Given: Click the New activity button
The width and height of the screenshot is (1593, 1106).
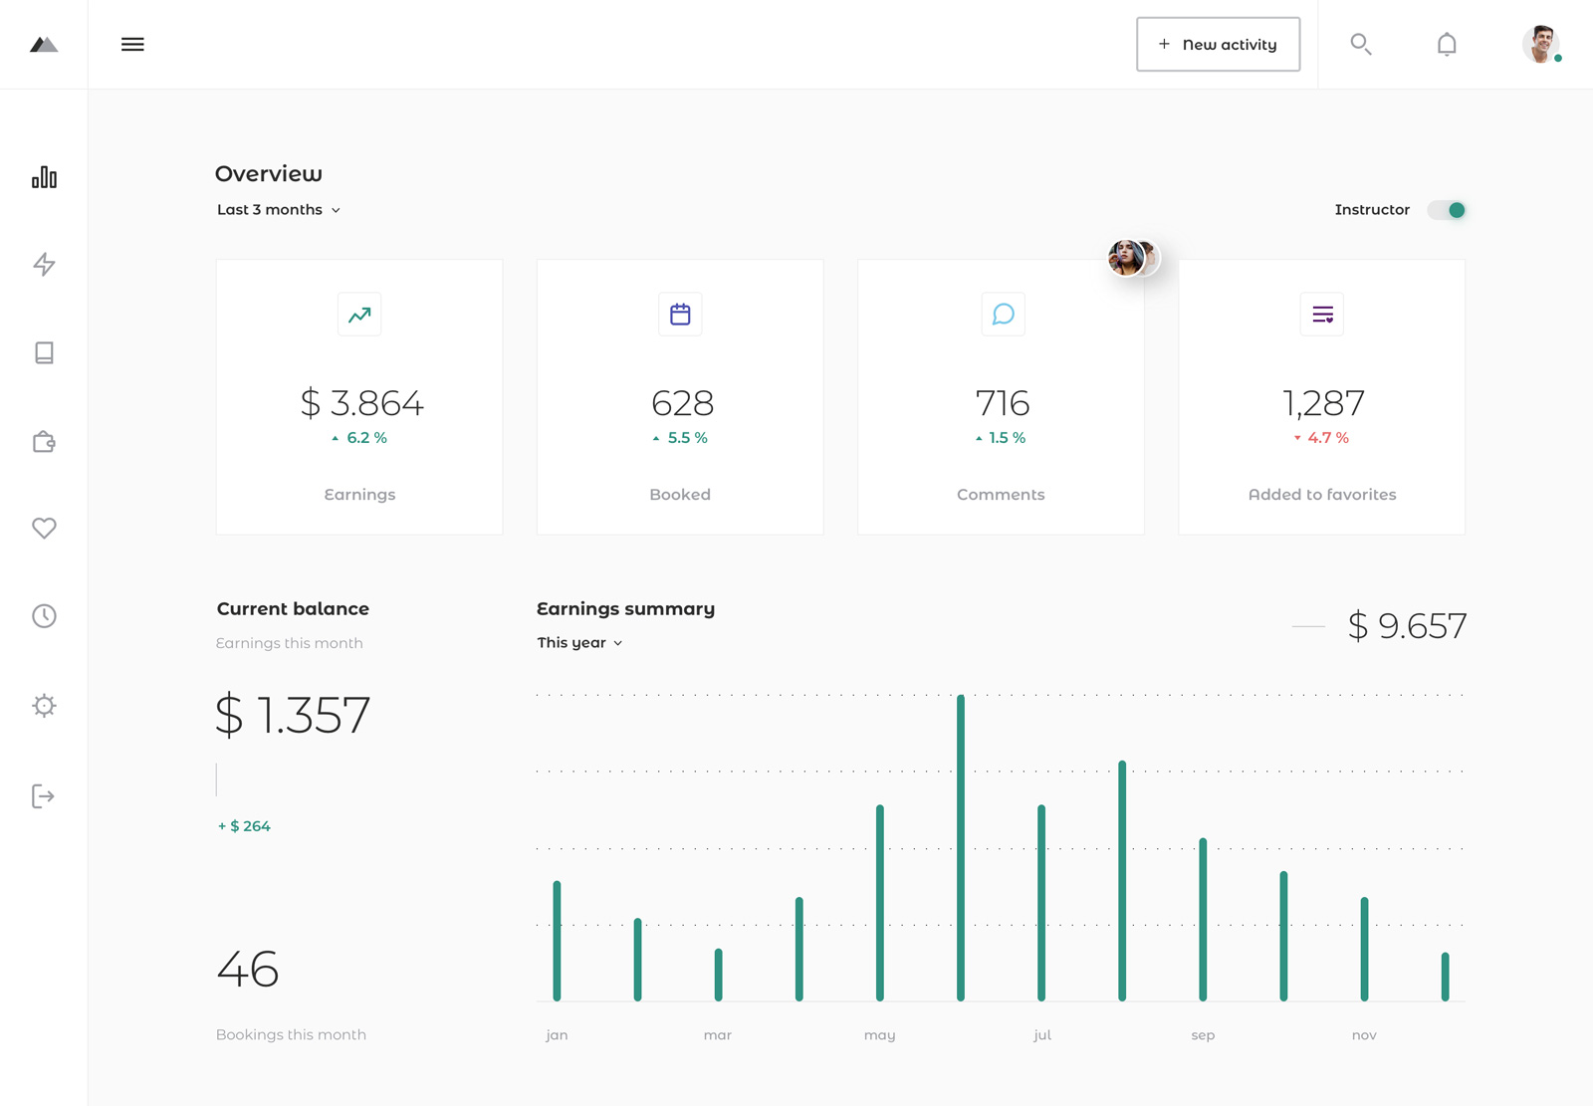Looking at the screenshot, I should coord(1218,44).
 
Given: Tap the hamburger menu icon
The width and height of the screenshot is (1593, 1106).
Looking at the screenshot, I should coord(132,44).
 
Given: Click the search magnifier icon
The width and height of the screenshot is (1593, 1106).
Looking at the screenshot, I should coord(1360,44).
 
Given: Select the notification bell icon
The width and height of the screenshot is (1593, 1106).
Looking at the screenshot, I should coord(1447,44).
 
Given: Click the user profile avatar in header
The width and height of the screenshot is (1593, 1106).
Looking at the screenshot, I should coord(1540,44).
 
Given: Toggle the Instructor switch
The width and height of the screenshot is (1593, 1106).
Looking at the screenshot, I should coord(1448,210).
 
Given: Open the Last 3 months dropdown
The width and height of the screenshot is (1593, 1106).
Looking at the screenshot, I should coord(279,210).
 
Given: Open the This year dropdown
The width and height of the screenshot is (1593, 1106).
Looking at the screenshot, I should coord(579,643).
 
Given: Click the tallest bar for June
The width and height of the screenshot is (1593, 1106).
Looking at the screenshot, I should coord(961,846).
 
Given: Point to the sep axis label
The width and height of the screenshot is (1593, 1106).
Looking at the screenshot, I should coord(1203,1035).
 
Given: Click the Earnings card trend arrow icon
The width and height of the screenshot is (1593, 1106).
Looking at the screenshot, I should coord(359,315).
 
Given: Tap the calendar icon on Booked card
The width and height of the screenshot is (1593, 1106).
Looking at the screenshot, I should coord(680,315).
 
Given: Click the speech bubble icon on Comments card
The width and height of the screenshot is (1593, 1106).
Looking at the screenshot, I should coord(1003,315).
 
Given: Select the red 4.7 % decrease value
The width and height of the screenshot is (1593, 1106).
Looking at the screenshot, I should coord(1326,438).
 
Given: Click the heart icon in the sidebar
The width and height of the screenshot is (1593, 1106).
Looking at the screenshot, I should coord(44,529).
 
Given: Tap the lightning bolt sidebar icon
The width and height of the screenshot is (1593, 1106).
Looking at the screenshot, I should coord(44,264).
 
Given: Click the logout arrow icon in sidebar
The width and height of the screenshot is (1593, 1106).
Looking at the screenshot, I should coord(44,796).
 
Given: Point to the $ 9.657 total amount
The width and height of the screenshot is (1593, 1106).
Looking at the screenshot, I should coord(1407,626).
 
